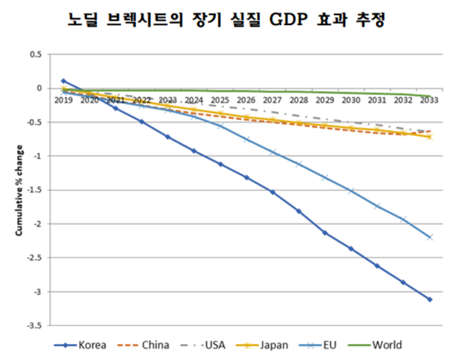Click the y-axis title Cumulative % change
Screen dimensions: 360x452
click(x=19, y=190)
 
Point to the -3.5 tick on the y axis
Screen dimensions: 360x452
click(x=34, y=326)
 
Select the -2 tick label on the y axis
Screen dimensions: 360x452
click(x=38, y=224)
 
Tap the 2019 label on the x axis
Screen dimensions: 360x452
click(x=64, y=100)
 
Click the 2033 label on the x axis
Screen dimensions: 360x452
click(x=429, y=100)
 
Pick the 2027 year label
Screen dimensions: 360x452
click(x=273, y=100)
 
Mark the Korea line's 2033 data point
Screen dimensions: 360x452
click(x=430, y=299)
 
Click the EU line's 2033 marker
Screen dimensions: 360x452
click(x=430, y=237)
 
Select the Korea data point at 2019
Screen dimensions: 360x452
click(x=64, y=81)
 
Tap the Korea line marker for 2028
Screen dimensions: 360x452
click(x=299, y=211)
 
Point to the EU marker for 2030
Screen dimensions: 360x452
click(x=351, y=191)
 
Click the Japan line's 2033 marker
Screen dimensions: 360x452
click(x=430, y=137)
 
